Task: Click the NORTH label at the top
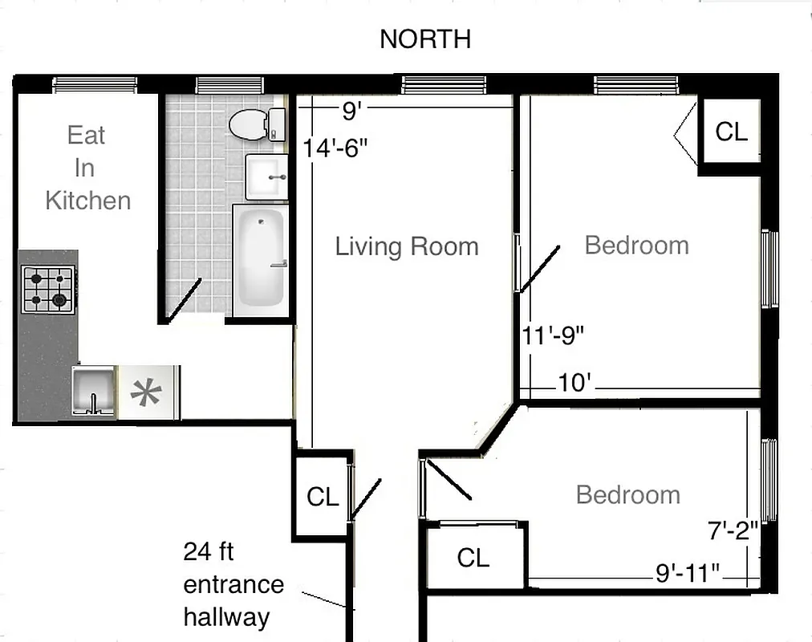pos(425,39)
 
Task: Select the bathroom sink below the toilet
pos(266,176)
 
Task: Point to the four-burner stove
pos(48,290)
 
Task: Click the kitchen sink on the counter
pos(93,390)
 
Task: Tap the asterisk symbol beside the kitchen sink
pos(147,393)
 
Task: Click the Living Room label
pos(407,246)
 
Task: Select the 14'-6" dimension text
pos(335,148)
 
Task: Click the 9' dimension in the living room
pos(350,112)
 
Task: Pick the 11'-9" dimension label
pos(553,335)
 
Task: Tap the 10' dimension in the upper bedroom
pos(574,384)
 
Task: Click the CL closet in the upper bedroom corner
pos(731,132)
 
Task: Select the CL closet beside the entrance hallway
pos(323,497)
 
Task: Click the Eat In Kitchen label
pos(87,168)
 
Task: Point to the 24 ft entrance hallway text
pos(233,584)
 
